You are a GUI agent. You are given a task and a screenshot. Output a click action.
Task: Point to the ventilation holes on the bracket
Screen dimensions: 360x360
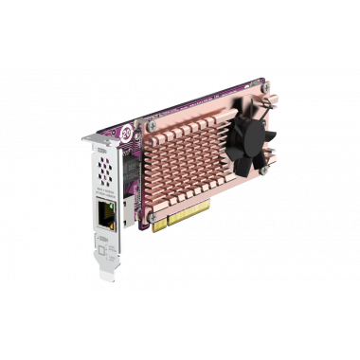106,170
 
